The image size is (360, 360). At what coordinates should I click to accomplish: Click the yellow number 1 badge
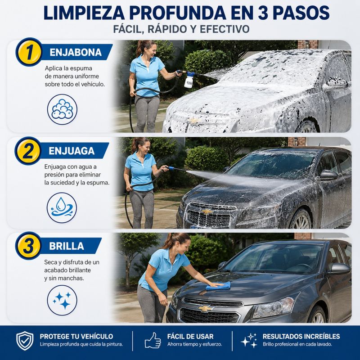29,52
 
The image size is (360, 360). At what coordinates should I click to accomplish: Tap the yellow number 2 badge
28,151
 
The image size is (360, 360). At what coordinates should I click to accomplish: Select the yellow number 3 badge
29,246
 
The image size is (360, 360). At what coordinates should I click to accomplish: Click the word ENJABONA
76,52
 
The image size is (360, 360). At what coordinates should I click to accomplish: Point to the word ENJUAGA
72,151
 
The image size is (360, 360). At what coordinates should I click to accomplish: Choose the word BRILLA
67,246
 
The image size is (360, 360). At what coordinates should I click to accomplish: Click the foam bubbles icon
62,109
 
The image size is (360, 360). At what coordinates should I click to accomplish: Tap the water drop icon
62,208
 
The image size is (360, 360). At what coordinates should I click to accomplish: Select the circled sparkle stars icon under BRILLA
62,300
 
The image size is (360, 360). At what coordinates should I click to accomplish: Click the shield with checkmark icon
25,341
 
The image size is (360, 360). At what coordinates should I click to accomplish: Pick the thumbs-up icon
153,340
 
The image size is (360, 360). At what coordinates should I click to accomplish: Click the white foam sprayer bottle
189,80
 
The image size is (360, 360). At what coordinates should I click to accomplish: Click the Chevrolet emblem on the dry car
206,308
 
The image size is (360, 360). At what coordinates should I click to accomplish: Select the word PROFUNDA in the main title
177,13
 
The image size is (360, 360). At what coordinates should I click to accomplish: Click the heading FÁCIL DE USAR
190,336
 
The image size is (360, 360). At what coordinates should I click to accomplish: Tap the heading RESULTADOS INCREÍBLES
301,336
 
